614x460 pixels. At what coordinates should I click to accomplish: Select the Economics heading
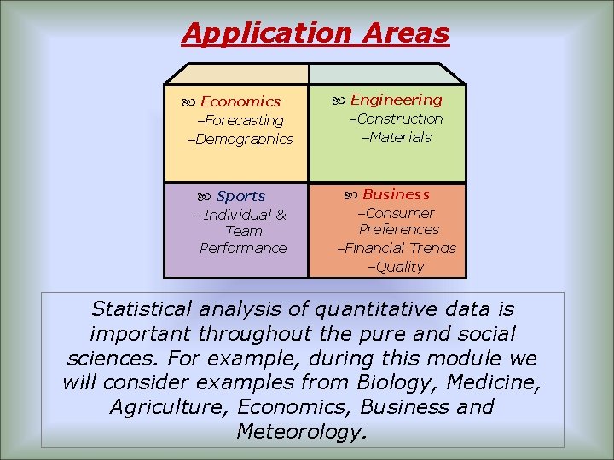(240, 101)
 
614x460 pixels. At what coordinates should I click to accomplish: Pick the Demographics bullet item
(244, 139)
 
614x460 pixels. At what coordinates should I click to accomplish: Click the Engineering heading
(396, 100)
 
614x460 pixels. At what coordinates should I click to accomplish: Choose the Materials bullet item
(400, 137)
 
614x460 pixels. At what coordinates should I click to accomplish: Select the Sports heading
(240, 196)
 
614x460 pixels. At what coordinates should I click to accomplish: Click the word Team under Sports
(244, 231)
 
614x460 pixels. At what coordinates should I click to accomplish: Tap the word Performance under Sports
(243, 248)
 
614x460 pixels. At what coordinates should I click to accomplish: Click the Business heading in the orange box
(396, 194)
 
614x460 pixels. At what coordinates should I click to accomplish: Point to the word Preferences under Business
(398, 229)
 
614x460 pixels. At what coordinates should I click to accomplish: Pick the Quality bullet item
(398, 267)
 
